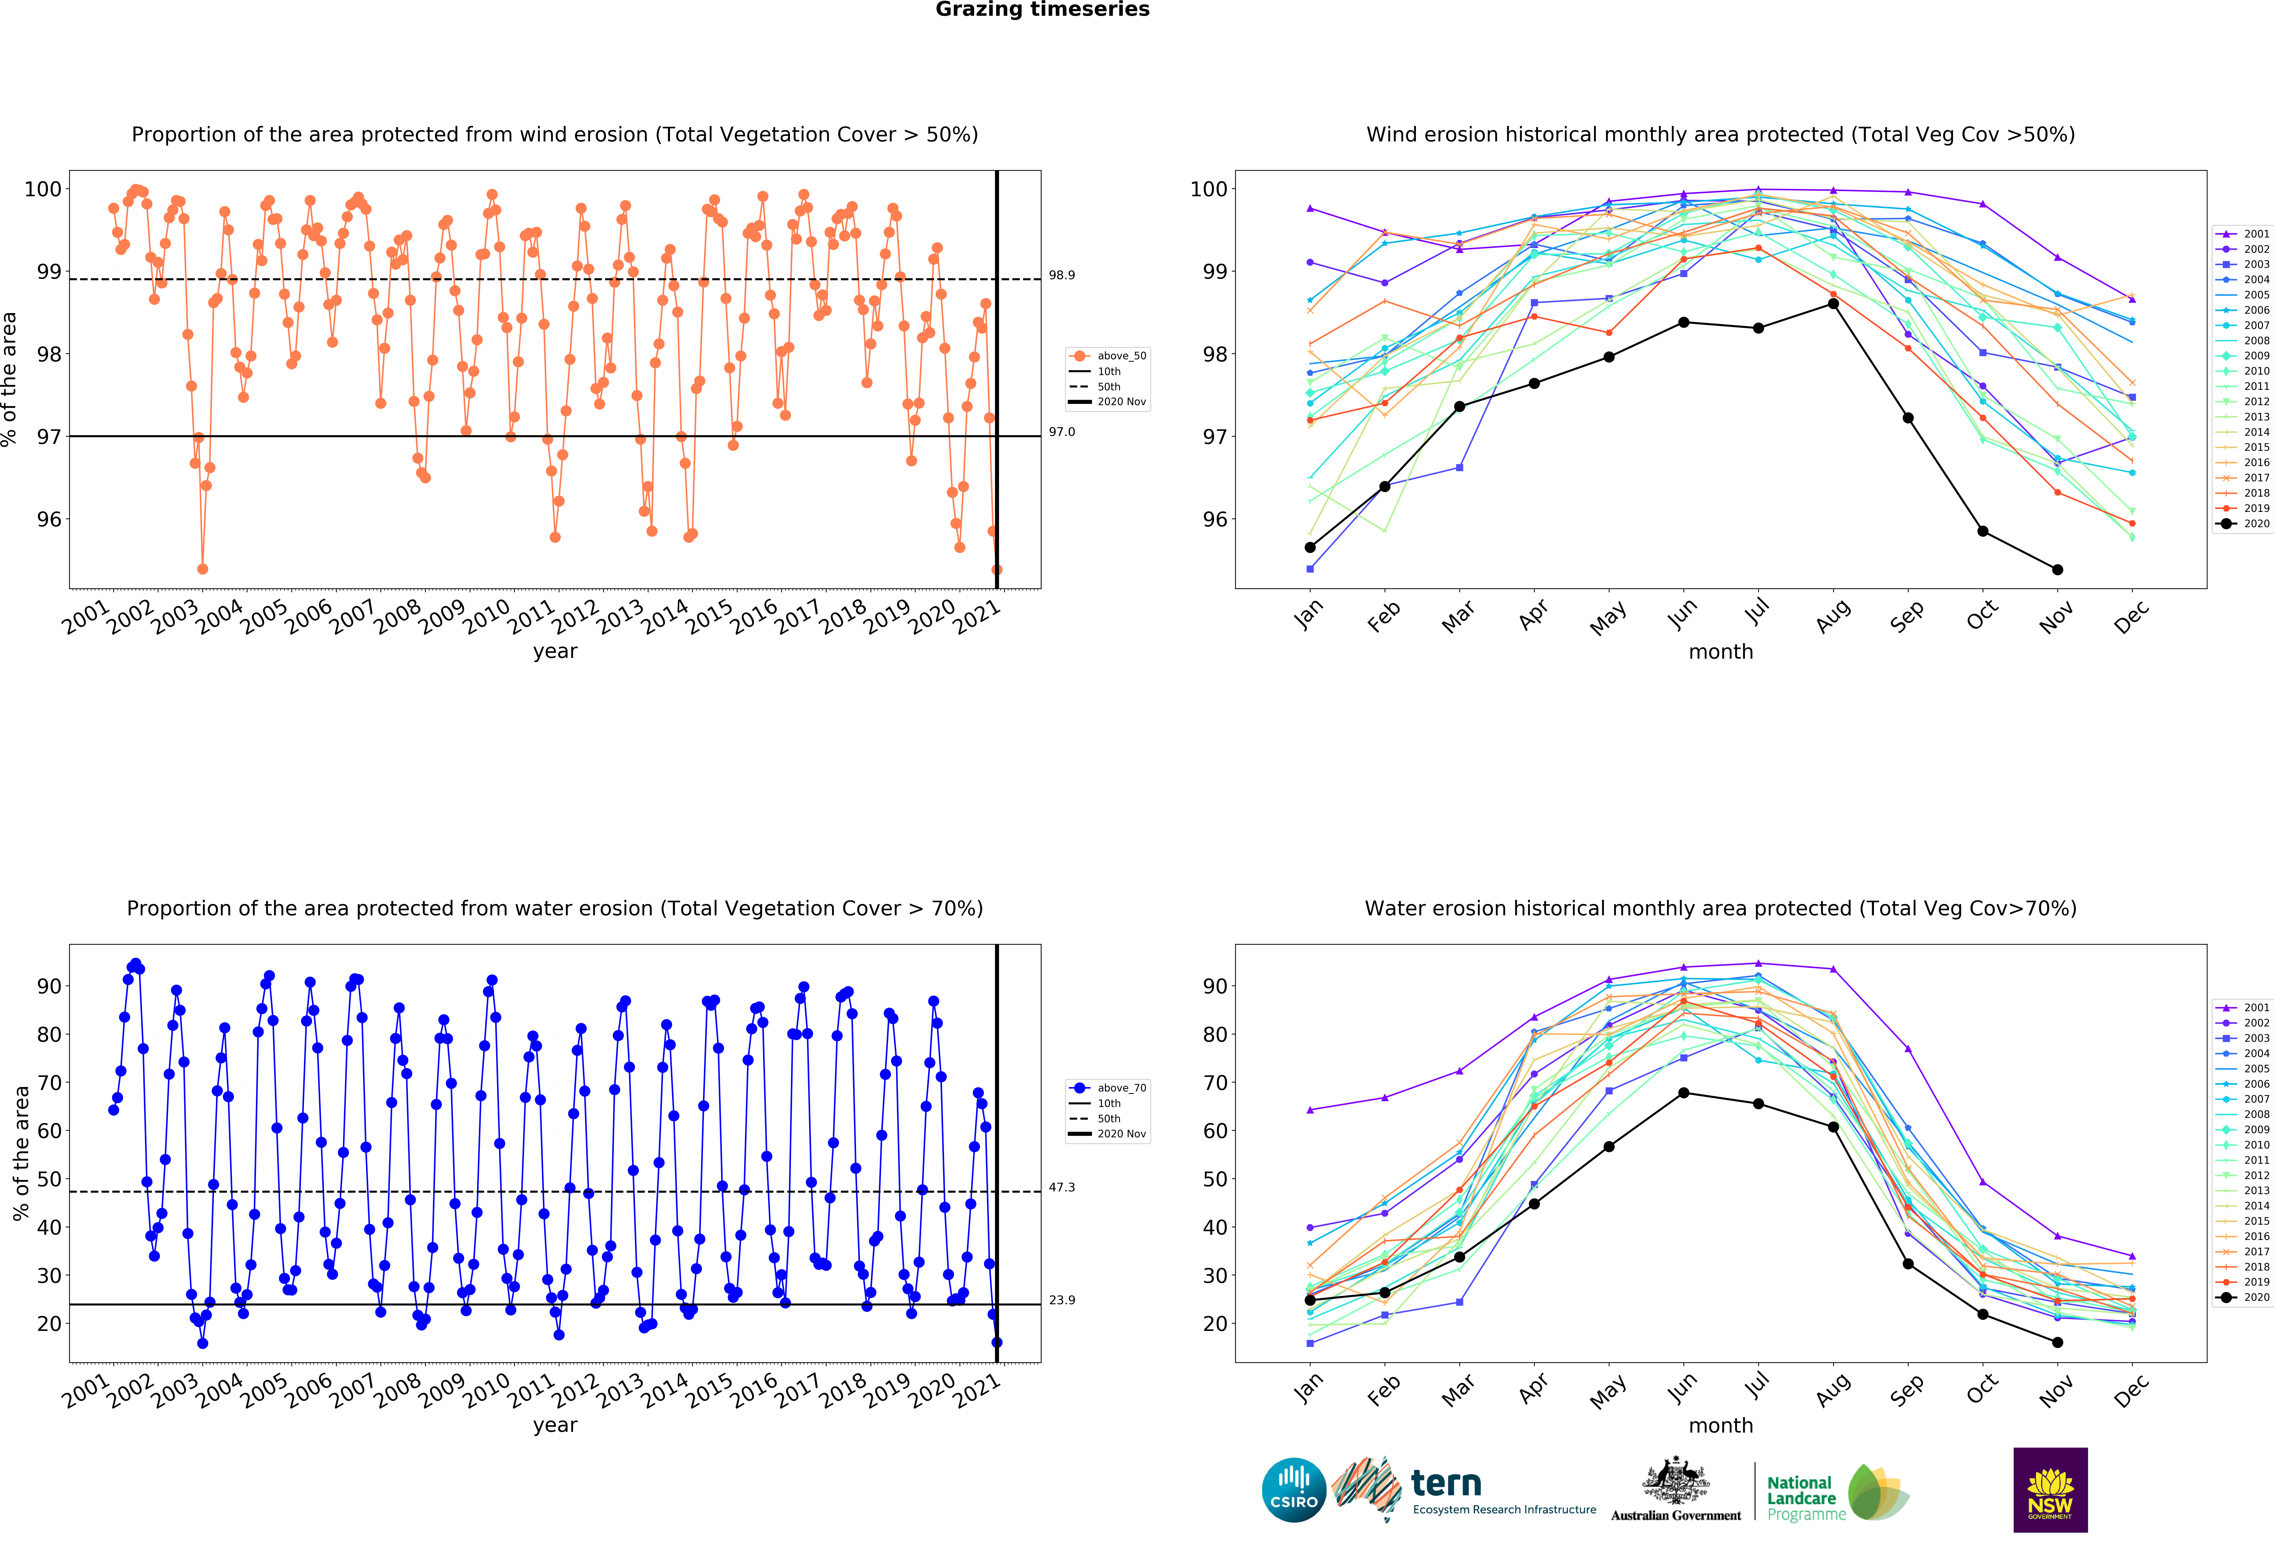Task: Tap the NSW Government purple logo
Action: click(x=2050, y=1489)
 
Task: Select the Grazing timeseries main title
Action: click(x=1042, y=10)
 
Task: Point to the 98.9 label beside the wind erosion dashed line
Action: click(x=1062, y=275)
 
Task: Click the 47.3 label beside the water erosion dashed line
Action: click(x=1062, y=1187)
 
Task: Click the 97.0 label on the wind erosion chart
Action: click(x=1062, y=432)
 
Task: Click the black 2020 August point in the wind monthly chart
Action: click(x=1833, y=303)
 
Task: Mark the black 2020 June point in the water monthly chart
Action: click(x=1683, y=1093)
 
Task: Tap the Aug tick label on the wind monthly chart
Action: click(x=1833, y=615)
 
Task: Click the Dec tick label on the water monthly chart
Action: click(x=2131, y=1390)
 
